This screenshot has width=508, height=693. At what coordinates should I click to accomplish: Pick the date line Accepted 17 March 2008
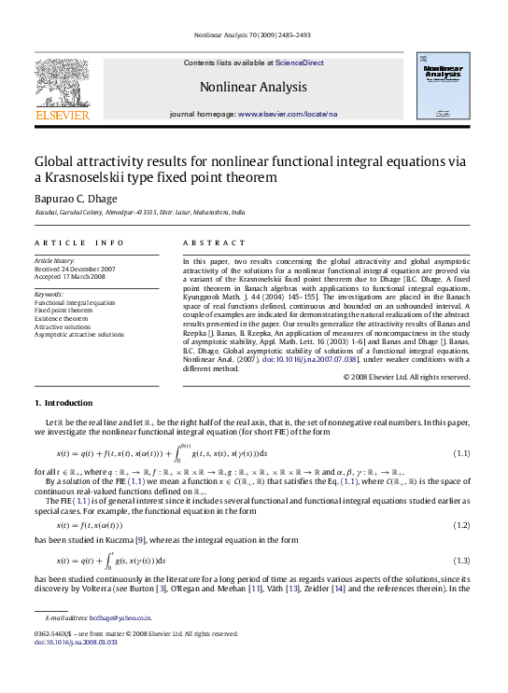click(x=70, y=277)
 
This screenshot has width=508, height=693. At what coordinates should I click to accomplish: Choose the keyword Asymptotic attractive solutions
click(x=78, y=334)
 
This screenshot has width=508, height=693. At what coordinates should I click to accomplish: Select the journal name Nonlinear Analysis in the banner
click(x=253, y=88)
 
